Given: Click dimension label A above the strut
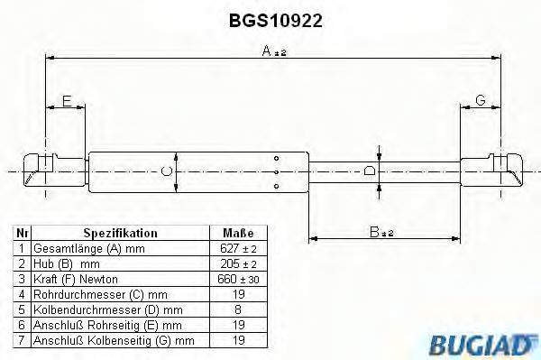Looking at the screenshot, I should (268, 53).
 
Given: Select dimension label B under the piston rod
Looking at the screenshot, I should (375, 232).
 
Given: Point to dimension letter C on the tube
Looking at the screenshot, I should (165, 170).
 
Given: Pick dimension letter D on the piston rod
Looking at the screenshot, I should (369, 170).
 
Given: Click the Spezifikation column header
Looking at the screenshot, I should (120, 232).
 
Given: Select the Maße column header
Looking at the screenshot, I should (238, 232).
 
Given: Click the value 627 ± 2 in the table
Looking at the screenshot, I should (238, 247).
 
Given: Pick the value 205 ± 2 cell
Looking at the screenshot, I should (238, 263).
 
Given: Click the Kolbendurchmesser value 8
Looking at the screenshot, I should (238, 309).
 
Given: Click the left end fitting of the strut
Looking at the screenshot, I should (40, 170).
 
